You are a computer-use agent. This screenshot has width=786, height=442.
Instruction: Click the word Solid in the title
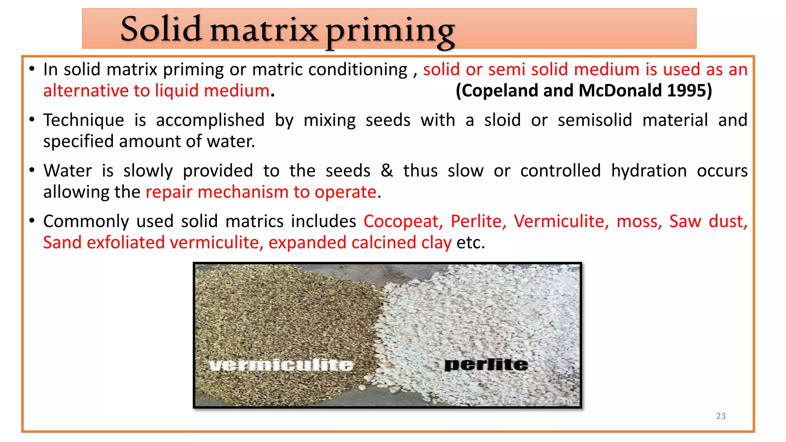(x=161, y=29)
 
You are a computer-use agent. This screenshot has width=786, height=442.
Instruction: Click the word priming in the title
(x=390, y=31)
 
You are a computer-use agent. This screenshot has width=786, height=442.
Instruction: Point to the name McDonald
(x=620, y=91)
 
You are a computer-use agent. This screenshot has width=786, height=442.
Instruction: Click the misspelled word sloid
(x=502, y=120)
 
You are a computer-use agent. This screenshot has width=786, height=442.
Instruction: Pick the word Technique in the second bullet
(x=84, y=120)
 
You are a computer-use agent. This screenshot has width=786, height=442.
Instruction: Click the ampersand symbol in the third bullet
(x=387, y=171)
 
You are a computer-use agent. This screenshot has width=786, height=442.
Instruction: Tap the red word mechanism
(x=243, y=192)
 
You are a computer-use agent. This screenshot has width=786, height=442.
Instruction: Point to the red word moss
(x=639, y=221)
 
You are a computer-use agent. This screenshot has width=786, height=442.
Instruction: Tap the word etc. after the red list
(x=471, y=242)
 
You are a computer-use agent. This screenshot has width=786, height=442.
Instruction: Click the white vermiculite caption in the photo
(x=281, y=365)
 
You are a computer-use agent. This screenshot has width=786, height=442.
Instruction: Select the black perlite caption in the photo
(x=486, y=364)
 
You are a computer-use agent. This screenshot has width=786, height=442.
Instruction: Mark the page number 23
(x=721, y=416)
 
